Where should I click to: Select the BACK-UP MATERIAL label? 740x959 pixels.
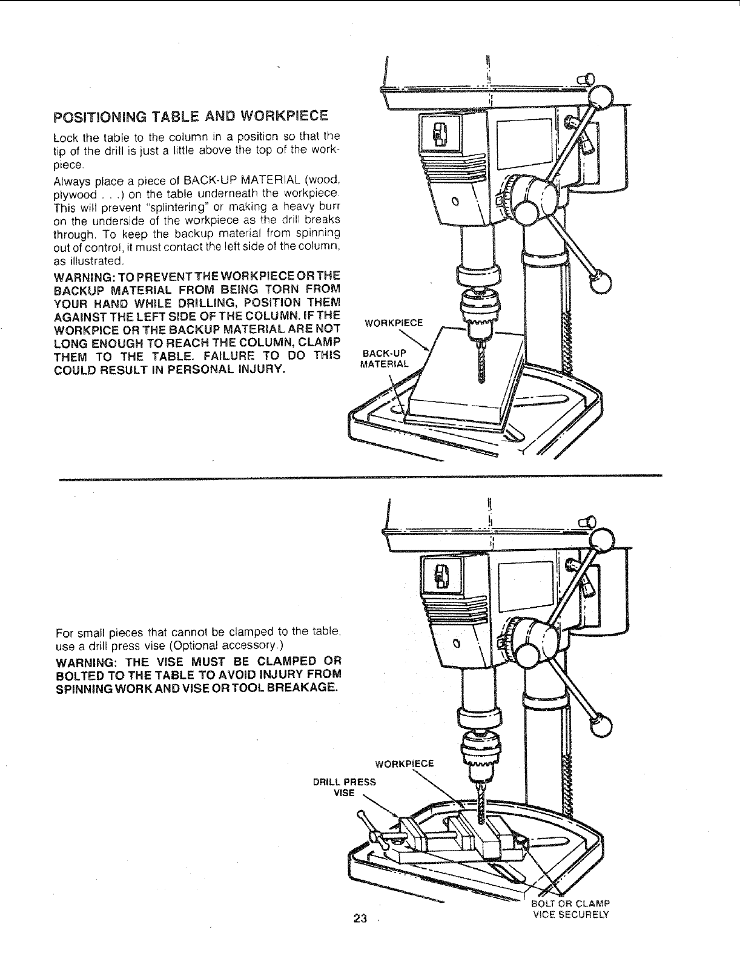click(x=385, y=358)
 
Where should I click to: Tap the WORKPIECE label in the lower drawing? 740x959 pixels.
click(x=405, y=763)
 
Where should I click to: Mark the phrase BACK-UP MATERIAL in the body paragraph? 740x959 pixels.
click(x=243, y=179)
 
